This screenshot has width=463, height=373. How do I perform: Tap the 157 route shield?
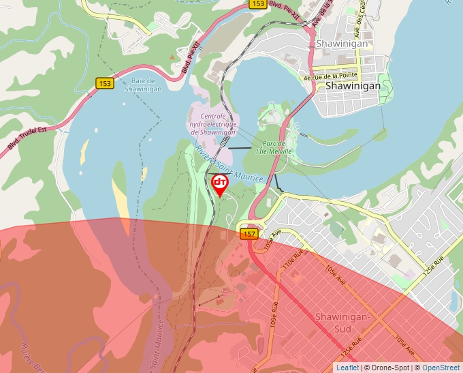click(x=249, y=234)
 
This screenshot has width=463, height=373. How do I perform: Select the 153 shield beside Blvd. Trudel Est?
click(x=104, y=83)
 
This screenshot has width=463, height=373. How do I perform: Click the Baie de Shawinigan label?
click(x=142, y=85)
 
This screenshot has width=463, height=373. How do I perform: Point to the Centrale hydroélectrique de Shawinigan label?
click(x=213, y=124)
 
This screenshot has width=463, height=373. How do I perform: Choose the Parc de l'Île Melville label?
click(x=274, y=147)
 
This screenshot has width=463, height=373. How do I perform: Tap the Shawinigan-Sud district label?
click(x=342, y=322)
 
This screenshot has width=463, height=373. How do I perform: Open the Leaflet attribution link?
click(x=347, y=368)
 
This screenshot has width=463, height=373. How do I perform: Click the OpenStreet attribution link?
click(x=441, y=368)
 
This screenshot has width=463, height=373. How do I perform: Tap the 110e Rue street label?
click(x=290, y=262)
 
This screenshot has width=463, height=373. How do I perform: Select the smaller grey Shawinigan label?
click(x=342, y=44)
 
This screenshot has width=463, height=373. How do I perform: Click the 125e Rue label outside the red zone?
click(x=432, y=265)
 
